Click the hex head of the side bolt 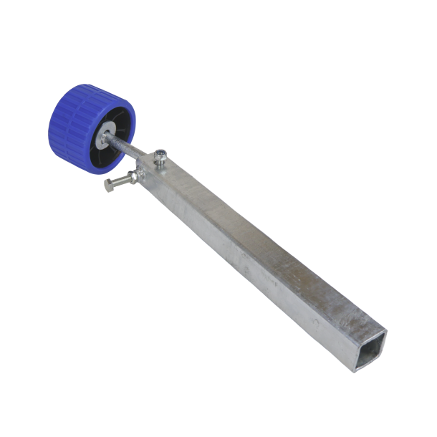tap(110, 185)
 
